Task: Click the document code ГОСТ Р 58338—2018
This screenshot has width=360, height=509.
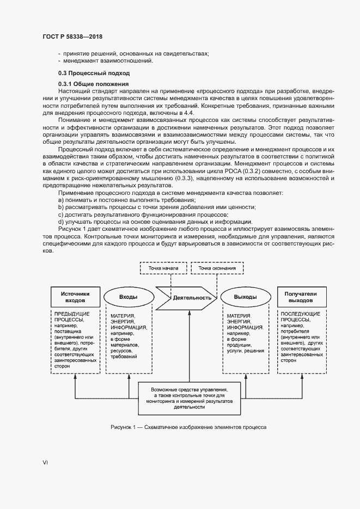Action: tap(72, 36)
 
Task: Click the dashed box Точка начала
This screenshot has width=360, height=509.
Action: tap(163, 268)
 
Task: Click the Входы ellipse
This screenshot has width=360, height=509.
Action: tap(128, 297)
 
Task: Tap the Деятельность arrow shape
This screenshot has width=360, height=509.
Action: tap(187, 298)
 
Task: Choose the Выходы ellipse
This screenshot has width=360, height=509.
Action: tap(245, 297)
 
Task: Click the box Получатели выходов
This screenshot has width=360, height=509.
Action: tap(297, 297)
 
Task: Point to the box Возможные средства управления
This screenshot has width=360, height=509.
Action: tap(190, 398)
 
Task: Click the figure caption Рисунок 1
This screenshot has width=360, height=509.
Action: tap(188, 427)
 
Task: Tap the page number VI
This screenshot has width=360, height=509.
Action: tap(45, 463)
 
